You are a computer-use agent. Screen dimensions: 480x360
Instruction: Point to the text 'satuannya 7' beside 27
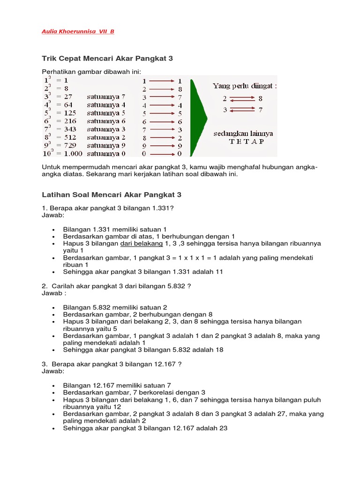(106, 97)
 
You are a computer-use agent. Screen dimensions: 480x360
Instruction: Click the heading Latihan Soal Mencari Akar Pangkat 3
(112, 195)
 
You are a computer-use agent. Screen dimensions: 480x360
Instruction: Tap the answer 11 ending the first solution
(219, 272)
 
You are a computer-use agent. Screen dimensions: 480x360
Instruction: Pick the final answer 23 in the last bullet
(223, 428)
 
